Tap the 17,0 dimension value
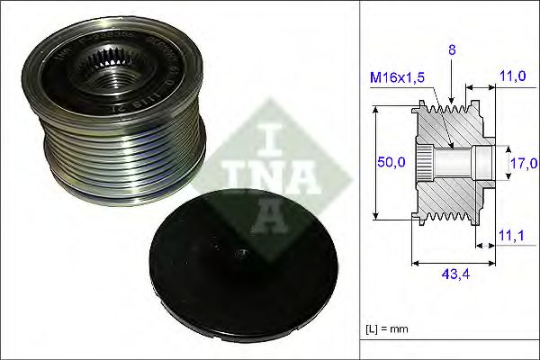pyautogui.click(x=525, y=163)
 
